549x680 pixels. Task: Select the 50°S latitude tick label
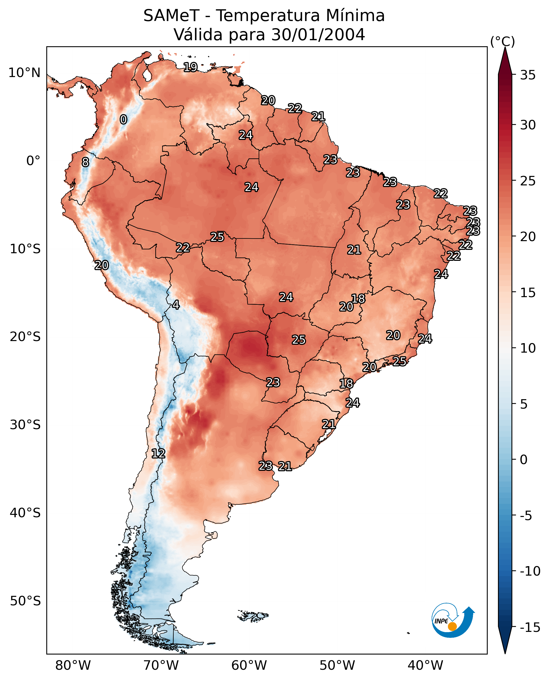[25, 601]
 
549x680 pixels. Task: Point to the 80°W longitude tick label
[73, 666]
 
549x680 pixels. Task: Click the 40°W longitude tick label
[425, 666]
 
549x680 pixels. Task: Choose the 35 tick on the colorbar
[528, 75]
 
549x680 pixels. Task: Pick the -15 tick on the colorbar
[530, 628]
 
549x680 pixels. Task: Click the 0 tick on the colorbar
[524, 460]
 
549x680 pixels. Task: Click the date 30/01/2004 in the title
[318, 34]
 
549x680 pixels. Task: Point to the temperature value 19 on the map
[191, 67]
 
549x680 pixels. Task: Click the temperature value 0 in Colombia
[123, 119]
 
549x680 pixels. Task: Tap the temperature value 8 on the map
[85, 162]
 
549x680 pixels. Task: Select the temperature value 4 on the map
[176, 305]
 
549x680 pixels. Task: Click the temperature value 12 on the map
[158, 453]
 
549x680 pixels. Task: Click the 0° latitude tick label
[33, 161]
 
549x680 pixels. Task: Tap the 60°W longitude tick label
[249, 666]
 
